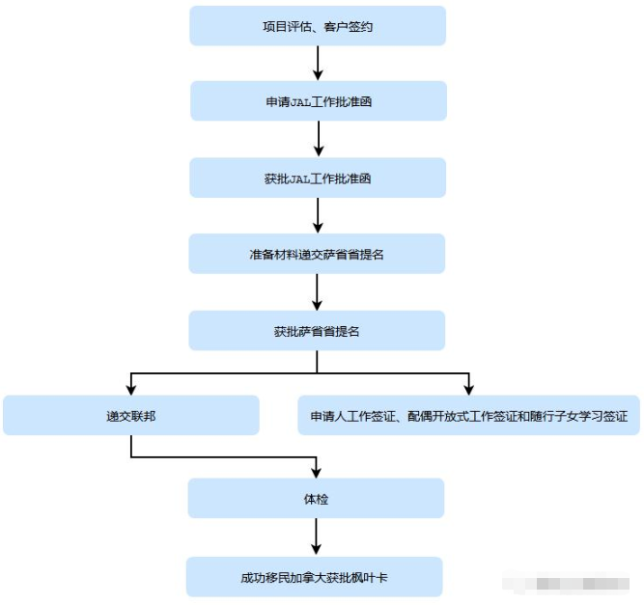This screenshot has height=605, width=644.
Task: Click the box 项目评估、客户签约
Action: coord(318,26)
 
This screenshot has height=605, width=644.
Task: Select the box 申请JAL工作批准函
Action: coord(318,101)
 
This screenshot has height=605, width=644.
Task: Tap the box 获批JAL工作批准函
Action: coord(318,179)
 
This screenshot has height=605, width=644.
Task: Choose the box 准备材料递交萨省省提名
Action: coord(318,255)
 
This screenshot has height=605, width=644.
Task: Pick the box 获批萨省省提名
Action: coord(318,331)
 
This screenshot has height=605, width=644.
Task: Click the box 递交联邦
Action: coord(131,416)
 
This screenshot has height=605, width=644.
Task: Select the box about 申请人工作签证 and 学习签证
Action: coord(468,416)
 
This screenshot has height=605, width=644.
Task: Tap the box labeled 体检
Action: coord(317,499)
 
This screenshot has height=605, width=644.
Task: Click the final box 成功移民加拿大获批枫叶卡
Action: coord(315,577)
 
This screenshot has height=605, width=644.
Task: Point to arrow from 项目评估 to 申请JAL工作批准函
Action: coord(318,63)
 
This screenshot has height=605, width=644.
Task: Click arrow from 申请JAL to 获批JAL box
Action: coord(318,140)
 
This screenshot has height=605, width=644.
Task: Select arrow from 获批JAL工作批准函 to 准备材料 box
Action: coord(318,216)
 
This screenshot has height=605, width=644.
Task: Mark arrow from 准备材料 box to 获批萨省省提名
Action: coord(318,292)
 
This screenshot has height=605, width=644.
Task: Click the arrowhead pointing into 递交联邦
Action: coord(131,389)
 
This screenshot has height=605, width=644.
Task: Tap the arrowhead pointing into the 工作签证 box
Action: coord(468,389)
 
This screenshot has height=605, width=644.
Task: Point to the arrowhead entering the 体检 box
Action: coord(317,473)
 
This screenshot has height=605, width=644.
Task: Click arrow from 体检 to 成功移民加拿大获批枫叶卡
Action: coord(317,537)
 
